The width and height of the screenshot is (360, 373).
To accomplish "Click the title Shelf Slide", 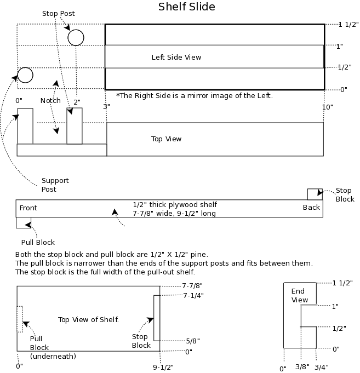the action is (186, 7).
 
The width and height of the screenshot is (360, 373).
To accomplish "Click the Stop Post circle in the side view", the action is (76, 30).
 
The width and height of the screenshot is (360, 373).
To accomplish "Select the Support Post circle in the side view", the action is (25, 68).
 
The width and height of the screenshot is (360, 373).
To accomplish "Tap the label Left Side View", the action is (176, 58).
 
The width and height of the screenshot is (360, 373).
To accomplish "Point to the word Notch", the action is (50, 101).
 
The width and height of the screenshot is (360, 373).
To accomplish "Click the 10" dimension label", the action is (328, 107).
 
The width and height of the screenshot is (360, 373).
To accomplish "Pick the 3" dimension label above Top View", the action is (106, 107).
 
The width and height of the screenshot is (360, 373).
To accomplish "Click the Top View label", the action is (167, 139).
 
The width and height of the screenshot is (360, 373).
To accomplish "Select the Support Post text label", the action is (55, 185).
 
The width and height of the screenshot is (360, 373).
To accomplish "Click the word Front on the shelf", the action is (28, 208).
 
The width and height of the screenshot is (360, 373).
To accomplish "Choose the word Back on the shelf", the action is (311, 208).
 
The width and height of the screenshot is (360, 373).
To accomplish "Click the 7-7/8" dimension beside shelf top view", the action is (192, 285).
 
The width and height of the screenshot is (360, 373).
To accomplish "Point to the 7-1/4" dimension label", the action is (193, 296).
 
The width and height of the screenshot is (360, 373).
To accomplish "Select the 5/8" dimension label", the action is (193, 341).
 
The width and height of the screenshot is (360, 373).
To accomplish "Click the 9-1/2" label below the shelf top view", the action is (163, 368).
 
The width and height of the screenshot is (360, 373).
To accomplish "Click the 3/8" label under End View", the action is (302, 367).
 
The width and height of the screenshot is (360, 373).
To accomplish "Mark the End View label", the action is (300, 295).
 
